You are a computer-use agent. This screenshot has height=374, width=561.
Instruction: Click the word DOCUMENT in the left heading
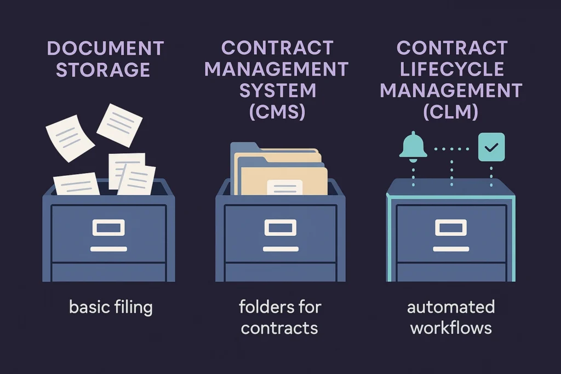click(x=105, y=48)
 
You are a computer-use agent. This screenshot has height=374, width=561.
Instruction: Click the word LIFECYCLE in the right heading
click(x=451, y=69)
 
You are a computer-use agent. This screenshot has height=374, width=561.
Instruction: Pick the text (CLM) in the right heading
click(x=451, y=112)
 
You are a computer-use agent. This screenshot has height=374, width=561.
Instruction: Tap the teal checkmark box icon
click(x=491, y=147)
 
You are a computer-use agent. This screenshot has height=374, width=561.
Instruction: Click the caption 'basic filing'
click(x=111, y=307)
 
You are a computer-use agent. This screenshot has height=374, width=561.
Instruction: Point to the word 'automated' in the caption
click(x=451, y=307)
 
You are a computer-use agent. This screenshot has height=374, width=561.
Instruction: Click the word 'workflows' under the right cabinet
click(x=451, y=329)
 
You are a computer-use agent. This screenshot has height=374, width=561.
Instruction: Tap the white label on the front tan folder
click(x=284, y=187)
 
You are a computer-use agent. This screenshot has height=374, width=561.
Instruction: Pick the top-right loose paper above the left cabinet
click(x=119, y=125)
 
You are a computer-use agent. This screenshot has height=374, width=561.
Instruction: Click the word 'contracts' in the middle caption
click(x=279, y=329)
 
